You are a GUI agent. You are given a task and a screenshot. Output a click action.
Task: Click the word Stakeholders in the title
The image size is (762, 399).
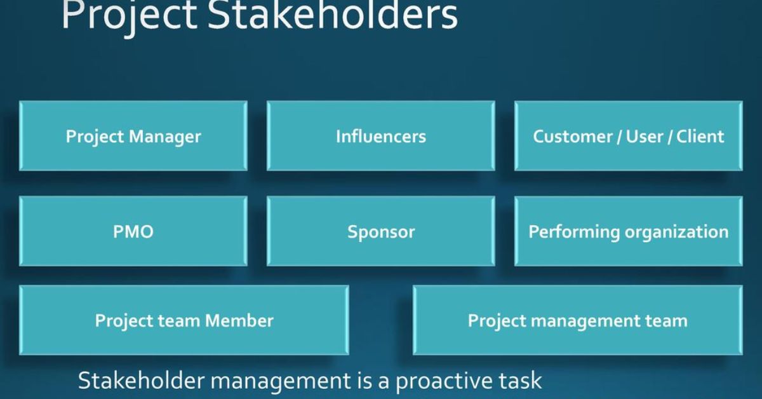click(332, 15)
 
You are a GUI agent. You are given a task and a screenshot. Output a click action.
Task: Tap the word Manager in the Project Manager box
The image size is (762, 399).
click(165, 137)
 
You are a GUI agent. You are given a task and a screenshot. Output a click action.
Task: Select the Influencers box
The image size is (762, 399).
click(380, 136)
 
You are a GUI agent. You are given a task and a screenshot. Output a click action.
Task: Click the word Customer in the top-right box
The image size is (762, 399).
click(573, 137)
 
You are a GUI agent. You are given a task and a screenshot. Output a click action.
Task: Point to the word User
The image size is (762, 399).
click(645, 137)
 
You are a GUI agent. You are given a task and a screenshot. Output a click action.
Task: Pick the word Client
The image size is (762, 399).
click(700, 137)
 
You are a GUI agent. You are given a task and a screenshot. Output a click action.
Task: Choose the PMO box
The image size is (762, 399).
click(133, 231)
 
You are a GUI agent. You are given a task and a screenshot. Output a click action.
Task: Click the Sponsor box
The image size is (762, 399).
click(380, 231)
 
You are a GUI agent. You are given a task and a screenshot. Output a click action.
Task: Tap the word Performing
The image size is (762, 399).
click(574, 233)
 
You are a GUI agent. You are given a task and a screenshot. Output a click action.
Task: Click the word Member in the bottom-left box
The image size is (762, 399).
click(239, 321)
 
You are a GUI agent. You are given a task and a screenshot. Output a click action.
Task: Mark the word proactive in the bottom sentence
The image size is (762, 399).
click(444, 381)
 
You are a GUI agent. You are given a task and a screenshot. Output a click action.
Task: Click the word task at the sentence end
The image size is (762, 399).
click(520, 380)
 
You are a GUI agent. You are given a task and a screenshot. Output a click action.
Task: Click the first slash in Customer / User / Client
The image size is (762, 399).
click(619, 137)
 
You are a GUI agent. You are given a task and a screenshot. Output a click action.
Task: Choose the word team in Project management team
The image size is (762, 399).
click(666, 321)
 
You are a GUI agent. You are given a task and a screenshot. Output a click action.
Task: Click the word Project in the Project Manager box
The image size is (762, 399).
click(95, 137)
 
